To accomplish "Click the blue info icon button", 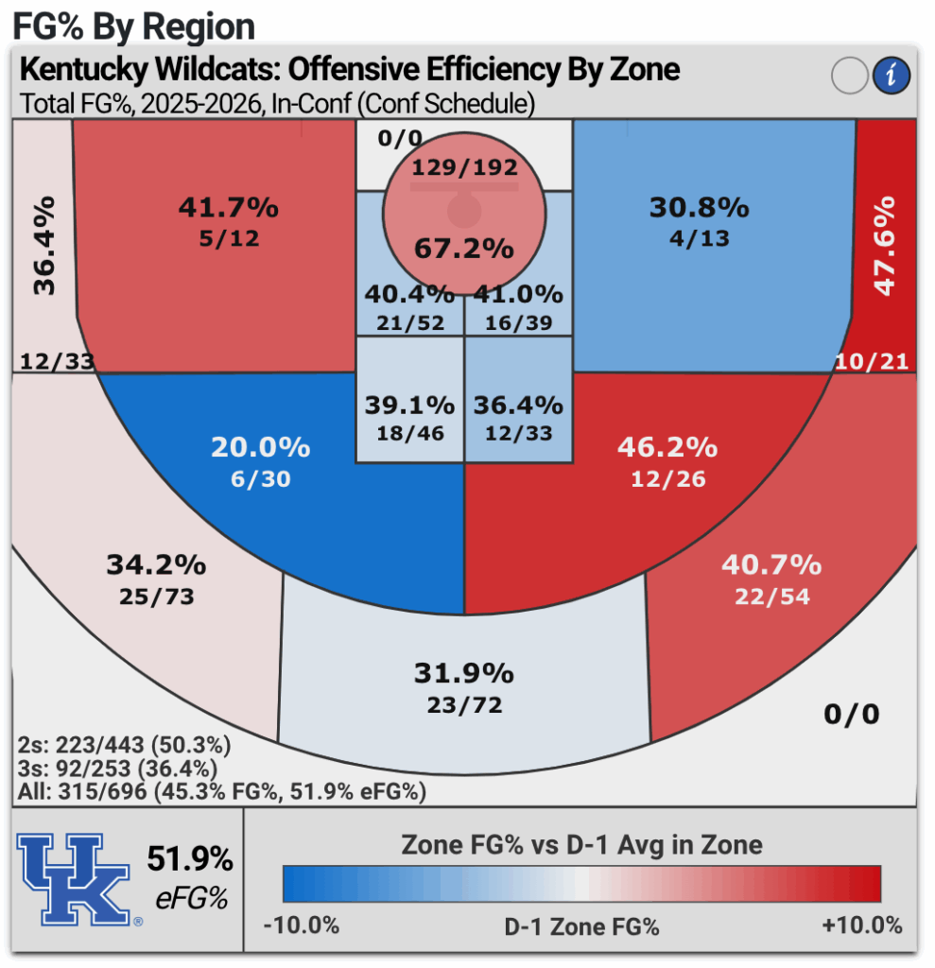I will click(x=890, y=76).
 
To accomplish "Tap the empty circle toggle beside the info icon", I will click(x=849, y=76).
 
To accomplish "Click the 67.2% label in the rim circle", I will click(x=463, y=249).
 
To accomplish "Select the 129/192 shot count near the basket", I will click(x=464, y=168).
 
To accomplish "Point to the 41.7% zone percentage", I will click(x=229, y=207).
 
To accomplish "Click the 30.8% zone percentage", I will click(x=700, y=207).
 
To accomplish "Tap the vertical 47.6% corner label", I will click(x=884, y=246).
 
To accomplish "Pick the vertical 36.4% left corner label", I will click(x=43, y=246).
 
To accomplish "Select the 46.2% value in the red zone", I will click(x=667, y=446).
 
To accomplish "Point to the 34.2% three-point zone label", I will click(x=155, y=565).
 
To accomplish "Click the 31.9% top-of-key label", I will click(x=463, y=674).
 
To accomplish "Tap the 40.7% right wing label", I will click(x=771, y=565).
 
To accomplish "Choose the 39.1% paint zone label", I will click(x=409, y=406).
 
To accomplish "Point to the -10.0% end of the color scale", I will click(x=301, y=925).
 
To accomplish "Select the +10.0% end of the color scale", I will click(x=862, y=925).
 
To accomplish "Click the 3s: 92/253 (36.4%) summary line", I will click(x=117, y=769).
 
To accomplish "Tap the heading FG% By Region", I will click(x=133, y=26).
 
